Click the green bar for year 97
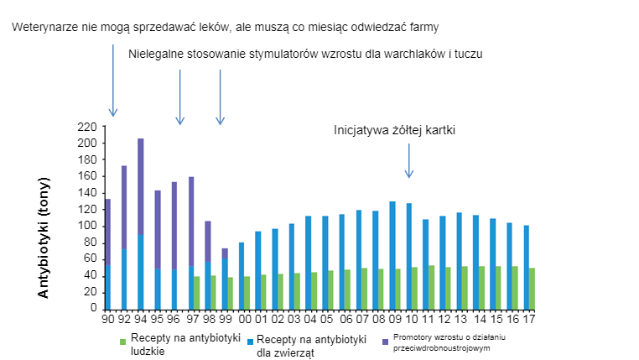pos(197,292)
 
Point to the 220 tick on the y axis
pos(87,127)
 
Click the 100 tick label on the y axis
pos(87,226)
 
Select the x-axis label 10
pos(411,319)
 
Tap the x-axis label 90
pos(108,319)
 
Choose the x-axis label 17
pos(529,319)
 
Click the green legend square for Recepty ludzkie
pos(122,341)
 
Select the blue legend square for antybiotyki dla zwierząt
pos(249,341)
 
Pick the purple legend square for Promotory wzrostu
pos(385,341)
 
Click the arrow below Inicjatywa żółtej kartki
pos(409,159)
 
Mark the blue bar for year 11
pos(426,263)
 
